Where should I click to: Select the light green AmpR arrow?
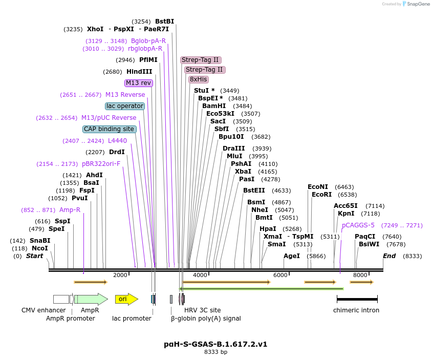91,299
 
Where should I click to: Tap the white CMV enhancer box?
61,299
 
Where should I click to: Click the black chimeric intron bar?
357,299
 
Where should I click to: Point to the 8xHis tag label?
198,79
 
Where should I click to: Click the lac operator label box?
125,106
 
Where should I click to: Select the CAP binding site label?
109,129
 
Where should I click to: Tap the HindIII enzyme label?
139,72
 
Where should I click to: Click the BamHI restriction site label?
214,105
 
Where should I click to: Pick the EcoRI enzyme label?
321,195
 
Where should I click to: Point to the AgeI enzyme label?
291,256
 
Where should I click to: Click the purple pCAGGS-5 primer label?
358,225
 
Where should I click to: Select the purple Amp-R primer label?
70,210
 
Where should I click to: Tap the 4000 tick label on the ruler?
200,275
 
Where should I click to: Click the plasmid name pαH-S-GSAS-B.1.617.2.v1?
215,344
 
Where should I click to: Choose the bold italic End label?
389,256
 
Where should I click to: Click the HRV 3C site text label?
203,310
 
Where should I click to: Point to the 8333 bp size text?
215,352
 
